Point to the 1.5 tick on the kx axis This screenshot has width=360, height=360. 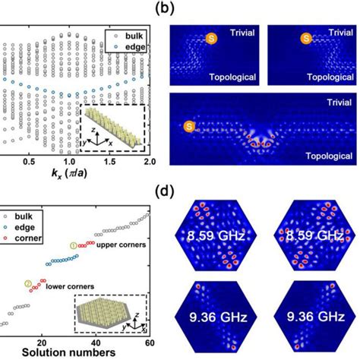tap(111, 163)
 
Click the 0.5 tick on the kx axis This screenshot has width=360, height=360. tap(30, 163)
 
